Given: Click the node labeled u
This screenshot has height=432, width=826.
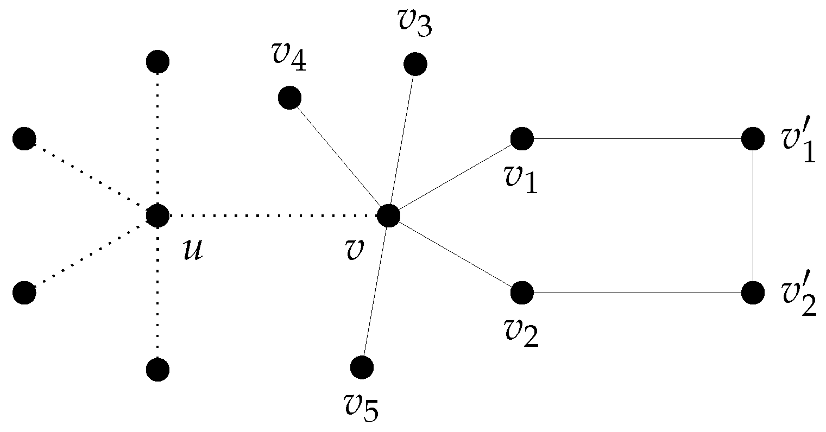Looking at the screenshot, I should (157, 216).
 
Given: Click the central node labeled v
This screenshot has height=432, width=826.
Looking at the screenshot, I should (388, 215).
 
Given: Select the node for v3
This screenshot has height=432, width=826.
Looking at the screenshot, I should (415, 65).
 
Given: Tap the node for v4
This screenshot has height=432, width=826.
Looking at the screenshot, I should (289, 98).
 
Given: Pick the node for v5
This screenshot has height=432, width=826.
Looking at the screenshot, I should (362, 367).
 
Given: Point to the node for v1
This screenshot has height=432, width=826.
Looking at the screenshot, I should (522, 138).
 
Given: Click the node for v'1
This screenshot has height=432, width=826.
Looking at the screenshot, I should (753, 139).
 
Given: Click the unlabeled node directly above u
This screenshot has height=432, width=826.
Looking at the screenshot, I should (157, 62).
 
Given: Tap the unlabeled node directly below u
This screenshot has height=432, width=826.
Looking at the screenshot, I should (157, 370).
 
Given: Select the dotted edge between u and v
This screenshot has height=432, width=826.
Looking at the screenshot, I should (272, 216).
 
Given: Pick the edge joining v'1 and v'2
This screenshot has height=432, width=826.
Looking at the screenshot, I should (753, 216).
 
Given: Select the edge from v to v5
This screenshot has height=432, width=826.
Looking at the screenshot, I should (375, 292).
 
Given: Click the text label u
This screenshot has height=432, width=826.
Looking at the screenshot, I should (193, 251).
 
